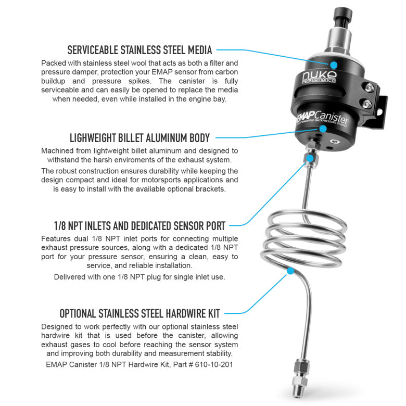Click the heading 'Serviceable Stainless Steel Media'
click(x=139, y=50)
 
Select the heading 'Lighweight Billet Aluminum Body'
click(x=139, y=138)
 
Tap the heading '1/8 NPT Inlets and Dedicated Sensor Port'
click(x=139, y=226)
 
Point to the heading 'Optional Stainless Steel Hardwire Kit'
click(x=139, y=313)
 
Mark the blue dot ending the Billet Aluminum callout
click(x=323, y=128)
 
